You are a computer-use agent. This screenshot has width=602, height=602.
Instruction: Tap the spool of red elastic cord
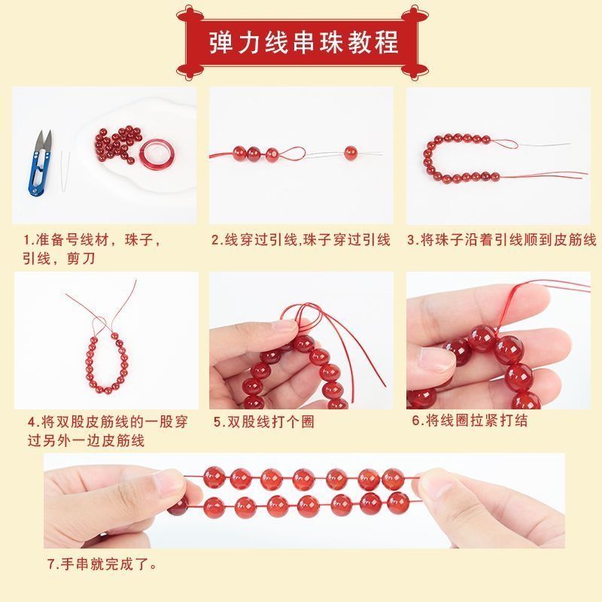click(157, 154)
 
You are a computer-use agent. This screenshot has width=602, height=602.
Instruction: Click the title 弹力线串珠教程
click(303, 42)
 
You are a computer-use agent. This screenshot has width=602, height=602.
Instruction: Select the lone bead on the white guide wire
click(351, 153)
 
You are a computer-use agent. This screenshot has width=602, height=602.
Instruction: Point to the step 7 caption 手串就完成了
click(102, 564)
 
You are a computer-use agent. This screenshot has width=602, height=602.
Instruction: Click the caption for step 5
click(264, 422)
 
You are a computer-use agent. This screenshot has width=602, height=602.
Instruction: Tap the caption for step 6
click(470, 421)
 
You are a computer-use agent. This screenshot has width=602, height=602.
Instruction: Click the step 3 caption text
click(502, 240)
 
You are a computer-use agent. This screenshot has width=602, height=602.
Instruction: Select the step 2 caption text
click(301, 240)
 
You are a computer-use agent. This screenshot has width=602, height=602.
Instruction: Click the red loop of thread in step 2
click(292, 154)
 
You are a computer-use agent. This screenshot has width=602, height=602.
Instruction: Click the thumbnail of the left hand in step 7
click(169, 483)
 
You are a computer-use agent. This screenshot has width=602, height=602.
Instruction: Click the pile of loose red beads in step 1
click(117, 144)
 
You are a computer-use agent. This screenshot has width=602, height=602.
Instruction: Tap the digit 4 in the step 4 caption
click(32, 422)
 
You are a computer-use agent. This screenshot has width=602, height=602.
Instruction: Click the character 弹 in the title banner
click(221, 42)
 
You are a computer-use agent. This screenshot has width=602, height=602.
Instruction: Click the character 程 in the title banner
click(386, 42)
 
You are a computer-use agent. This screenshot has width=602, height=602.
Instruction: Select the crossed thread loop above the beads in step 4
click(101, 325)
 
